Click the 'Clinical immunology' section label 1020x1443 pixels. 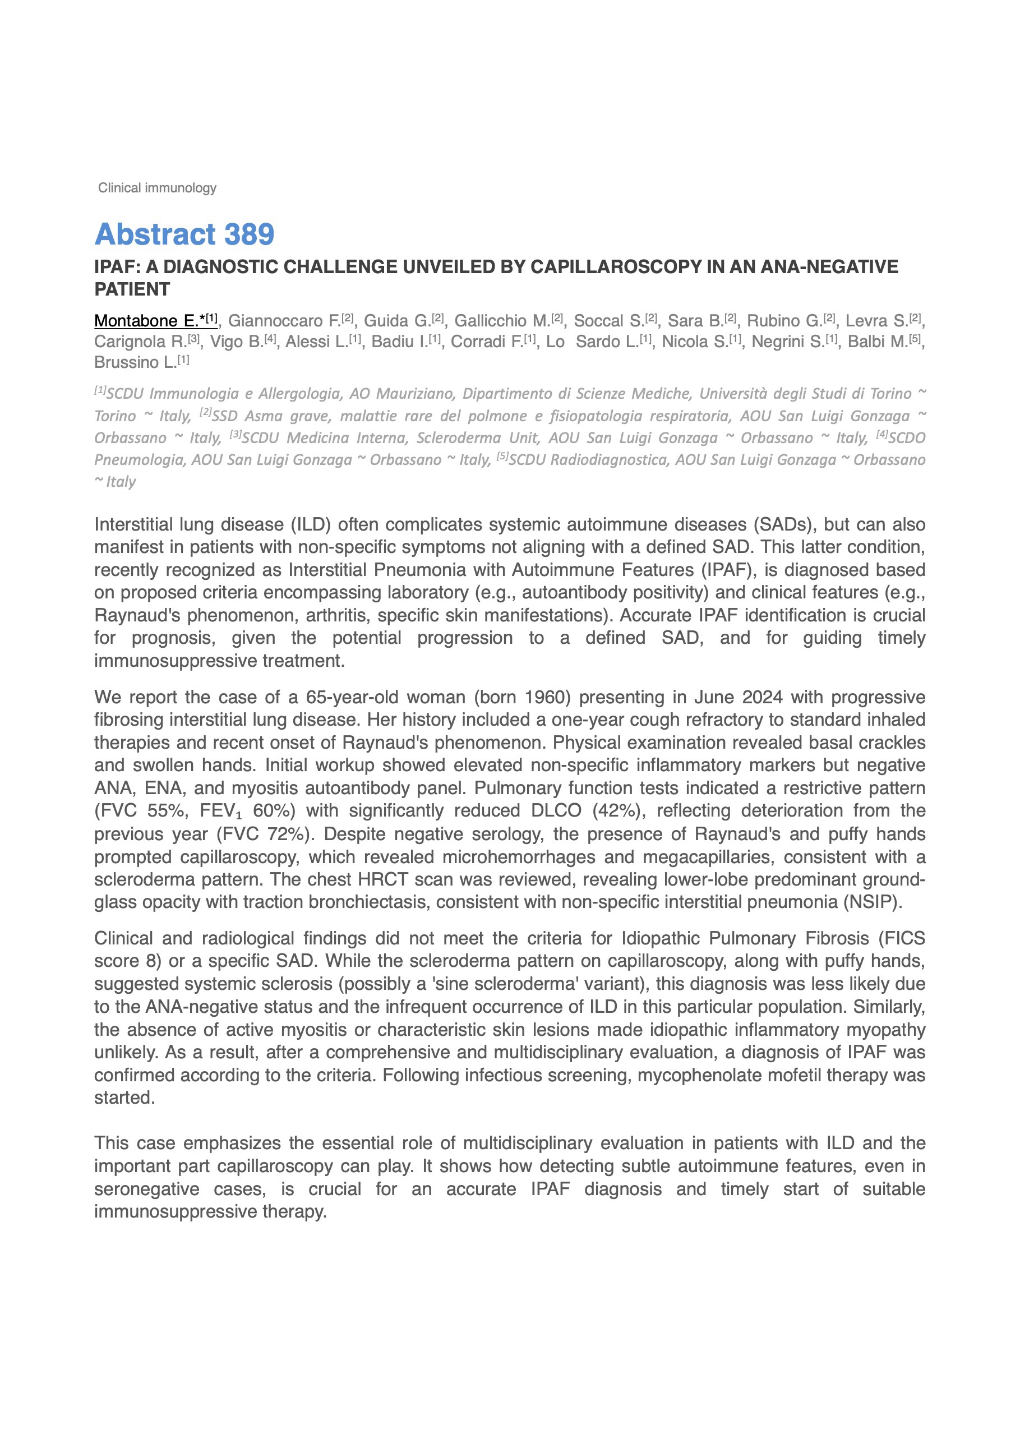tap(157, 188)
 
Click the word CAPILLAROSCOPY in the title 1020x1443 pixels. tap(615, 267)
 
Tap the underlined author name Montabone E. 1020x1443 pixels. tap(146, 321)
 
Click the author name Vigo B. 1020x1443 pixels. tap(236, 342)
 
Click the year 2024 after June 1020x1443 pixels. tap(762, 698)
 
